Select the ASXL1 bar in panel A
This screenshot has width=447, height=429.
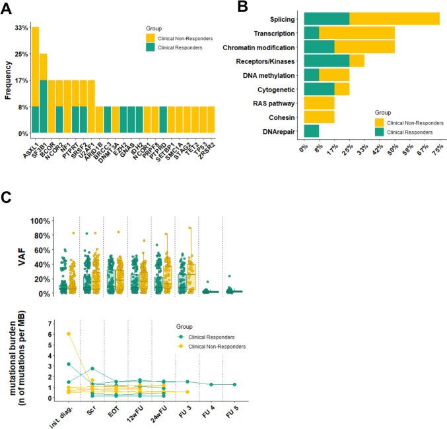[x=35, y=80]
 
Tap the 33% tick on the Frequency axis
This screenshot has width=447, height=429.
[x=21, y=28]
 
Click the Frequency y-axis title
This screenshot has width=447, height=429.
[x=8, y=80]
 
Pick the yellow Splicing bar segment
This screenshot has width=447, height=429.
[x=394, y=19]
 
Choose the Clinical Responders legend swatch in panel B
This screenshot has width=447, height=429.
[x=379, y=132]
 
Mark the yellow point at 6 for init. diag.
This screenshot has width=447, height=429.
[x=51, y=333]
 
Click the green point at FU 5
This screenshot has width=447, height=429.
[x=235, y=384]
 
